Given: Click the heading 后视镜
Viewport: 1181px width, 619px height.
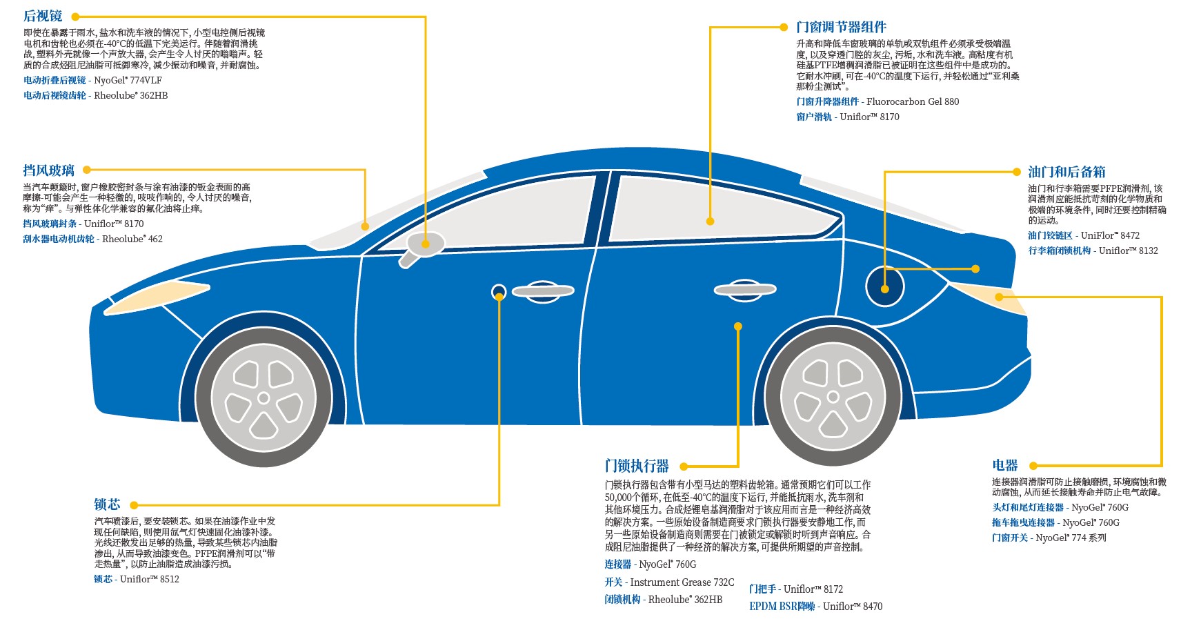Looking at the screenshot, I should [x=43, y=16].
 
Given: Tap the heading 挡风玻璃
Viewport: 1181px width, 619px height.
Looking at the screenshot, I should [x=48, y=170].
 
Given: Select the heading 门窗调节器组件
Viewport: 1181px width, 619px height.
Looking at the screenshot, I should [x=841, y=28].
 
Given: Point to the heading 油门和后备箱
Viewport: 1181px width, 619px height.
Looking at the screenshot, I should [x=1066, y=172].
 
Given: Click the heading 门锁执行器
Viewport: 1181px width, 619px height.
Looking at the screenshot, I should [x=637, y=466].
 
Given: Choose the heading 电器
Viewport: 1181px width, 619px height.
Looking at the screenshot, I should [x=1005, y=465].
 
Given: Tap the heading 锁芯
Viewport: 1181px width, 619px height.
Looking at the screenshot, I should [x=107, y=504].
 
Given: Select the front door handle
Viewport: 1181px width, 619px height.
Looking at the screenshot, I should [x=543, y=291].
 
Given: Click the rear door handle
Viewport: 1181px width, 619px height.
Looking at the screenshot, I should [x=744, y=290].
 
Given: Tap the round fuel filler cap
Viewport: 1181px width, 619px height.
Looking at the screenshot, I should [x=884, y=287].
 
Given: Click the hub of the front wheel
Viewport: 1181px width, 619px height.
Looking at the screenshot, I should [x=264, y=398].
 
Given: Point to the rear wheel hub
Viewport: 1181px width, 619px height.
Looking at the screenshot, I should [x=833, y=397].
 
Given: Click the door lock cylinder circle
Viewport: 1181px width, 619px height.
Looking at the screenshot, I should [x=499, y=292].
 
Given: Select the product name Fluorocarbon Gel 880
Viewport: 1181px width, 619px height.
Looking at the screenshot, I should [x=913, y=101].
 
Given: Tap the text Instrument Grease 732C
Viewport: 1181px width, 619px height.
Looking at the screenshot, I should [x=682, y=582].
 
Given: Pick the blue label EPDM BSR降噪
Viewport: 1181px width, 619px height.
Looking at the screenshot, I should [x=782, y=607].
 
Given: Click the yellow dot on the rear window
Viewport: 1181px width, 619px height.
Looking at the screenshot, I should [x=710, y=221].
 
